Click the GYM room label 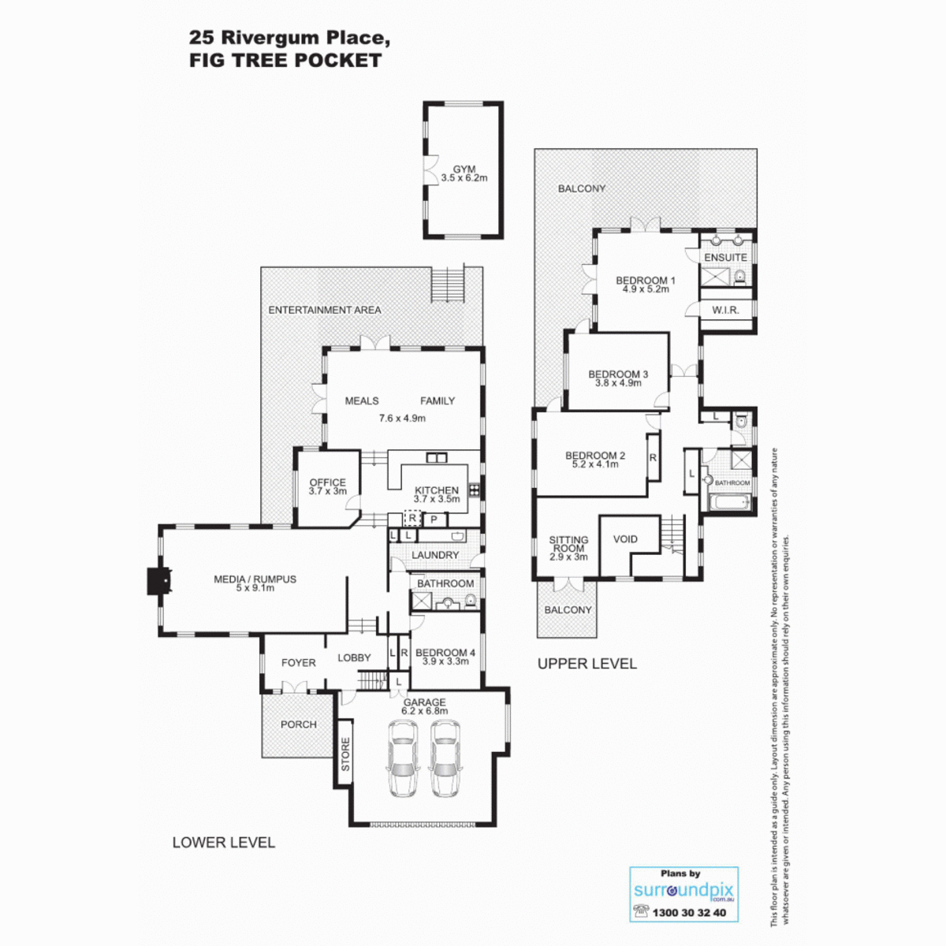click(464, 169)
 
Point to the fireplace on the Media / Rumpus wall click(159, 581)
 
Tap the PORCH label click(299, 724)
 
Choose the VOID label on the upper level click(625, 539)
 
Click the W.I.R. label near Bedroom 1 click(725, 311)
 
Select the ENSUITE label click(725, 257)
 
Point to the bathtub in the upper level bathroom click(729, 502)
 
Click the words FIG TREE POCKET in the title click(285, 61)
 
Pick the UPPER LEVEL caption click(587, 664)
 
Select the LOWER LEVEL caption click(223, 843)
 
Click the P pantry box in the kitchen click(434, 520)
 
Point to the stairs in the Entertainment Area click(448, 285)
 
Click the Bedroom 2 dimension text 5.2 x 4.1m click(594, 464)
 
